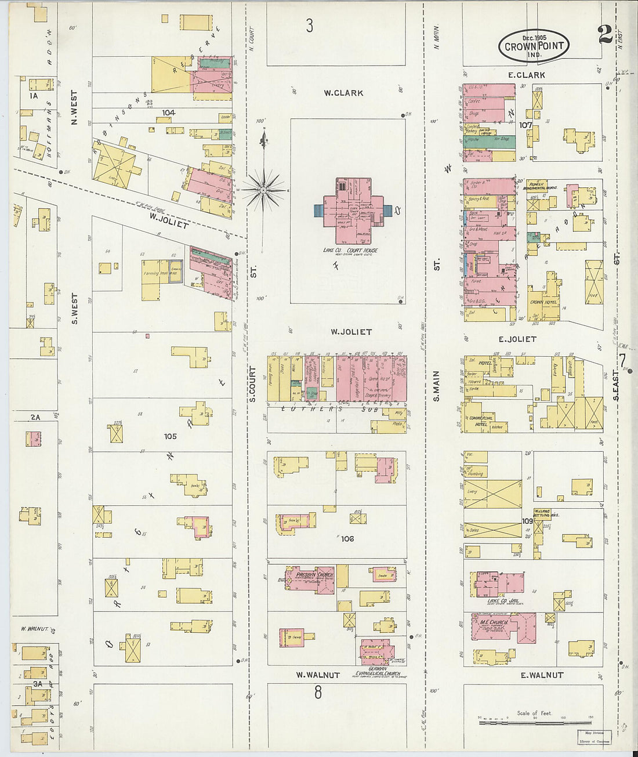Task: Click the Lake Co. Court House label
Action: coord(350,250)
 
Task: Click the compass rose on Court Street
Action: coord(264,189)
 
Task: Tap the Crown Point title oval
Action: coord(534,46)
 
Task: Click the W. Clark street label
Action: coord(344,93)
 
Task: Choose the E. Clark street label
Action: coord(526,75)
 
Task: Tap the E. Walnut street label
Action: coord(542,675)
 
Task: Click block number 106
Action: coord(347,539)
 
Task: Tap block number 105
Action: coord(170,436)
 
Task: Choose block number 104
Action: coord(168,113)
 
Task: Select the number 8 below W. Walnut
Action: coord(318,692)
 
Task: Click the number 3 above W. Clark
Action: coord(310,26)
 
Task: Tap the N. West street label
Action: coord(74,107)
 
